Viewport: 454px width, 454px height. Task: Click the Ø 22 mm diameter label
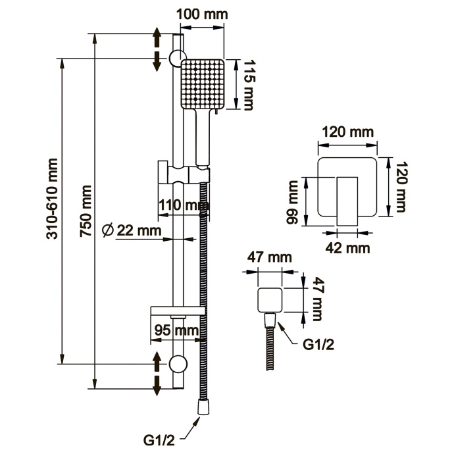[134, 230]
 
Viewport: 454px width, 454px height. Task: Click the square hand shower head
[203, 84]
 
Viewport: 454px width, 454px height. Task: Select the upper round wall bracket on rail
[175, 57]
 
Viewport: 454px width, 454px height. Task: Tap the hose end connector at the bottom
[203, 410]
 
